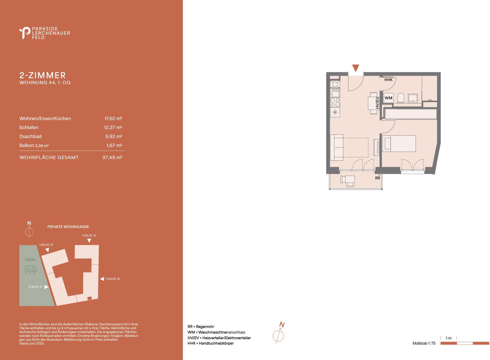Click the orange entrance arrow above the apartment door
click(x=356, y=68)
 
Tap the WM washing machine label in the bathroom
click(x=388, y=98)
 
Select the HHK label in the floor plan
click(x=388, y=80)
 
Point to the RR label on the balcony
click(x=378, y=178)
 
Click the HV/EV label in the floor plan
click(x=377, y=103)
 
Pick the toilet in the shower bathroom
click(x=401, y=98)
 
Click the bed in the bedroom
click(x=399, y=143)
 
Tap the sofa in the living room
click(x=336, y=148)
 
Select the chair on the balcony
click(x=347, y=181)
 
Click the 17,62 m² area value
click(x=113, y=119)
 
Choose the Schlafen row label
click(x=29, y=127)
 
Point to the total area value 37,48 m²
click(x=112, y=157)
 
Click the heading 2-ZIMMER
click(x=42, y=75)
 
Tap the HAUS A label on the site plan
click(x=89, y=235)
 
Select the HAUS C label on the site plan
click(x=36, y=287)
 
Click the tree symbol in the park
click(x=30, y=269)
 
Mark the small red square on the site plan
click(x=89, y=298)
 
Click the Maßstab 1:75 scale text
click(x=424, y=343)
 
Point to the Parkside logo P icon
click(x=25, y=33)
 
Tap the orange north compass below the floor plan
click(x=278, y=335)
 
